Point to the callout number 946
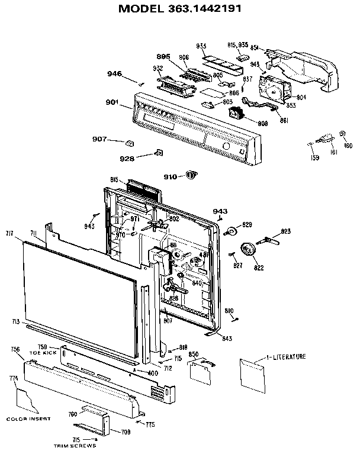[114, 73]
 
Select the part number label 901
[113, 101]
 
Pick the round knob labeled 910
[191, 174]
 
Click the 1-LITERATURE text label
[284, 357]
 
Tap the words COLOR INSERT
[28, 418]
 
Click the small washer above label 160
[342, 133]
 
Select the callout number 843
[227, 338]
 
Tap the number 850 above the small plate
[193, 354]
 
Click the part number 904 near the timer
[301, 97]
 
